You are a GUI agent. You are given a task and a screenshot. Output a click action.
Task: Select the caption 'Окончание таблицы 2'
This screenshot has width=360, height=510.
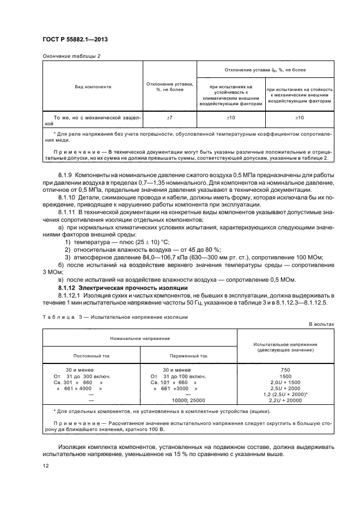pos(68,56)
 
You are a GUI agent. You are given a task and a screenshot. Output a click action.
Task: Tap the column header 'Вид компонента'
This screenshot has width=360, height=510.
pos(93,86)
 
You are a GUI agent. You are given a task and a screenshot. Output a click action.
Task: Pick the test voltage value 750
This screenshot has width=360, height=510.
pos(285,370)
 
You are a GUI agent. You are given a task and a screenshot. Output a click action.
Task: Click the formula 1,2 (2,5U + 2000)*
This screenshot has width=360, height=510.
pos(285,394)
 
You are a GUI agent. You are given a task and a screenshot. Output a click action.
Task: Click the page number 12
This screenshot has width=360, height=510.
pos(45,466)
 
